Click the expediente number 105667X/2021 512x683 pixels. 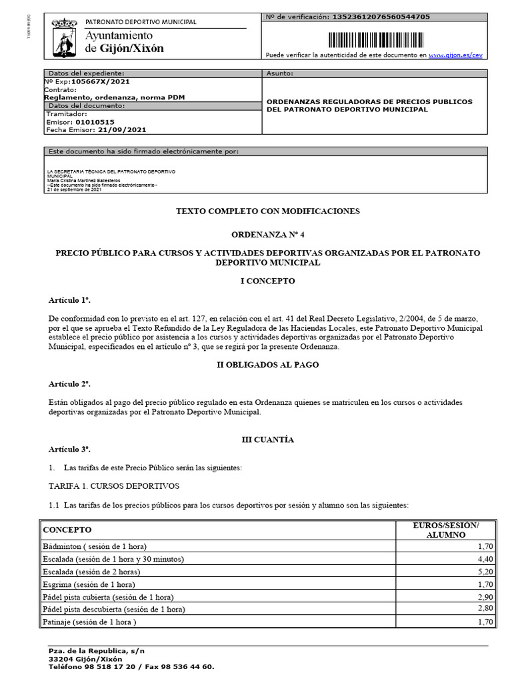pos(101,81)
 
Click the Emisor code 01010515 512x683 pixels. pos(95,122)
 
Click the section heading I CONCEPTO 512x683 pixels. pos(267,281)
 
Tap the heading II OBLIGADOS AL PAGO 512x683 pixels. pos(267,365)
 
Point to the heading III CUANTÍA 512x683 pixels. pos(267,440)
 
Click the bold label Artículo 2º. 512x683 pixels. pos(69,384)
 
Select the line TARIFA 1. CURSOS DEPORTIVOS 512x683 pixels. pos(114,486)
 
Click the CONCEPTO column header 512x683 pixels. pos(67,530)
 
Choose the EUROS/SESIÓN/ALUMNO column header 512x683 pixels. pos(446,530)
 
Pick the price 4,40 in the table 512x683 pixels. pos(484,559)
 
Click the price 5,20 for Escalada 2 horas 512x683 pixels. pos(484,572)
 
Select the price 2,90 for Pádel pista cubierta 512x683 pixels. pos(484,597)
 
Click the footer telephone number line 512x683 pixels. pos(131,666)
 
